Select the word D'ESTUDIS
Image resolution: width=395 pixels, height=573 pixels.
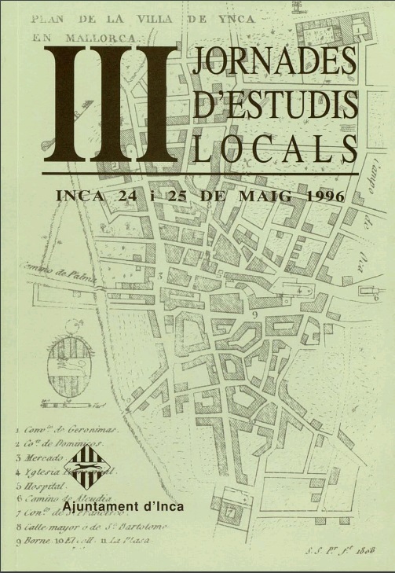[x=273, y=105]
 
